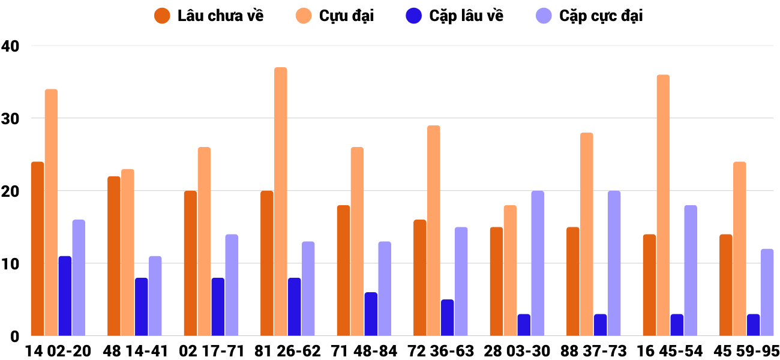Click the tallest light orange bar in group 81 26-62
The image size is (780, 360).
(x=281, y=201)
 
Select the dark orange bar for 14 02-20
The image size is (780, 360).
(x=38, y=248)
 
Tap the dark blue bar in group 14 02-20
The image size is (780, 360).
(x=65, y=296)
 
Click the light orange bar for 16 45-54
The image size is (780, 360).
(x=663, y=205)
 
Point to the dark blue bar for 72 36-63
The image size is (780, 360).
(x=448, y=317)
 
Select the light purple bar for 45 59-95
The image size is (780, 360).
(x=767, y=292)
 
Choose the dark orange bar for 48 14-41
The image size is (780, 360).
(x=114, y=256)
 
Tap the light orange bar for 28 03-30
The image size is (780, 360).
(x=510, y=270)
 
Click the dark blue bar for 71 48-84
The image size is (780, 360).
(x=371, y=314)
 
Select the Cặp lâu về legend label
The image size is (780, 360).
(x=466, y=16)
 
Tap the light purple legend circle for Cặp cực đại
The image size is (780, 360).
(x=544, y=16)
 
